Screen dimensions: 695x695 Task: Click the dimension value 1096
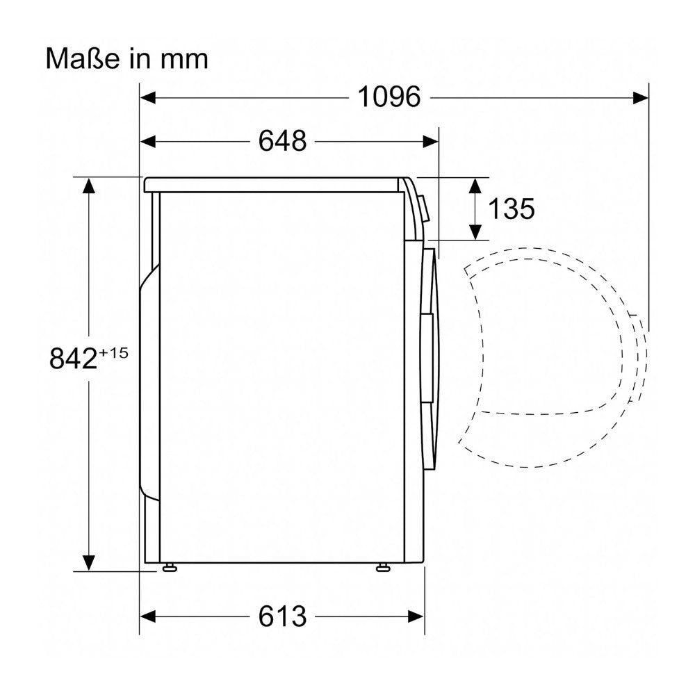(389, 97)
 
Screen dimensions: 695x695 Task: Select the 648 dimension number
(282, 141)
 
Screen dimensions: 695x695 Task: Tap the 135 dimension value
(511, 208)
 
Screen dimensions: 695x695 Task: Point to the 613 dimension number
(282, 616)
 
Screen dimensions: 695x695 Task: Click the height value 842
(73, 358)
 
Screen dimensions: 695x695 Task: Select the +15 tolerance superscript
(113, 353)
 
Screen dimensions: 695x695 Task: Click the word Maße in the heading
(83, 58)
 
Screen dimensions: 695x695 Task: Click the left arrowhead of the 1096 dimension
(147, 97)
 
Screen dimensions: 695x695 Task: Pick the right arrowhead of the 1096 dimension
(641, 97)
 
